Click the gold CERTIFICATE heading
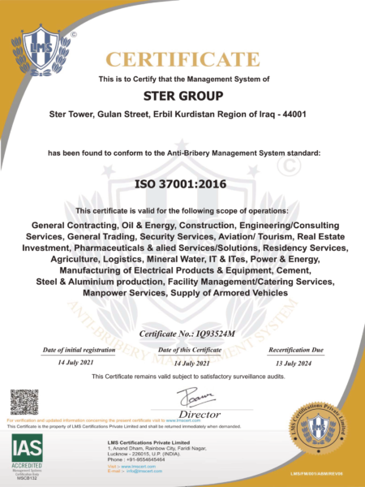(182, 59)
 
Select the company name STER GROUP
(182, 96)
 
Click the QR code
(24, 403)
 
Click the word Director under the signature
(191, 413)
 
